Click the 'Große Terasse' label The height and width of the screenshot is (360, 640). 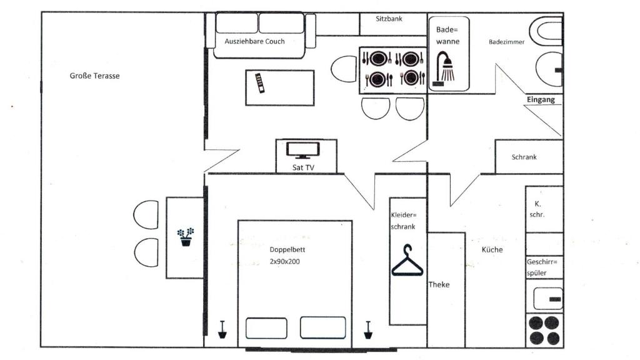click(95, 76)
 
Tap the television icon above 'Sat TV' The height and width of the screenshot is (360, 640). click(303, 150)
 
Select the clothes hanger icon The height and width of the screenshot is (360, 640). click(407, 261)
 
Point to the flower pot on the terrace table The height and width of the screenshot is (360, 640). click(186, 237)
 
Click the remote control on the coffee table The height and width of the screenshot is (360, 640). click(260, 83)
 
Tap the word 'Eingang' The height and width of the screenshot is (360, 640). click(541, 99)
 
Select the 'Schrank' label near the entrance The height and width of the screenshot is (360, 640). click(524, 157)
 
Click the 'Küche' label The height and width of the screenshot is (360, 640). click(492, 250)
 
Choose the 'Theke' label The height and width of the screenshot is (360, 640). click(439, 285)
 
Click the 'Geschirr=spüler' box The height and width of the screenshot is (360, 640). click(544, 267)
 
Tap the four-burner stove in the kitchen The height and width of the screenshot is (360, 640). click(544, 331)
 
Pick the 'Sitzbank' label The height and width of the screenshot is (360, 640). click(389, 19)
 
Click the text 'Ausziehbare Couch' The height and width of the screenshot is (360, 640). click(255, 41)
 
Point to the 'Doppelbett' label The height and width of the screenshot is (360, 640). click(287, 250)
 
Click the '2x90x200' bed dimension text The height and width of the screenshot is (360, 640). click(285, 262)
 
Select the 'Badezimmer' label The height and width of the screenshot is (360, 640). click(506, 42)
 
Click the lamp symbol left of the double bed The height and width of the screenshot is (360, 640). click(222, 330)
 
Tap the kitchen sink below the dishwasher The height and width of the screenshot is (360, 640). click(548, 298)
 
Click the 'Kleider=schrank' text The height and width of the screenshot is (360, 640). click(403, 221)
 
